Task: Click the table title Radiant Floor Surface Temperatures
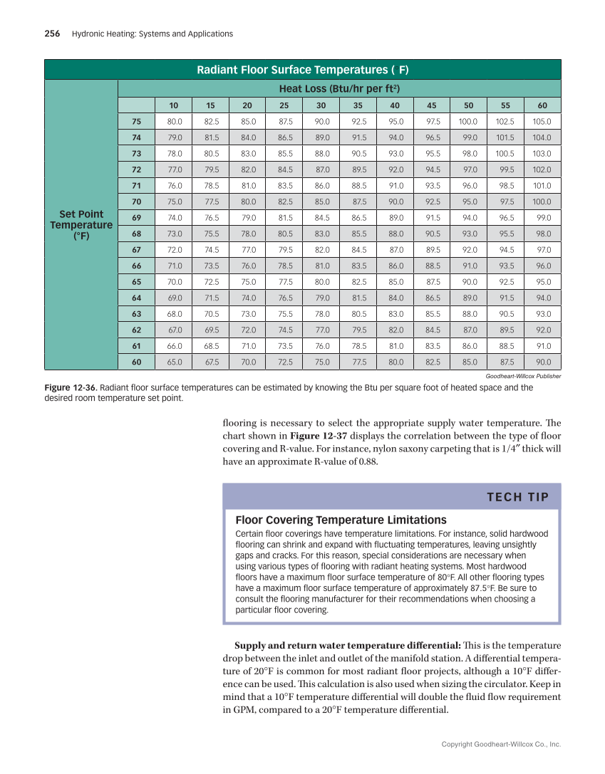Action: click(302, 70)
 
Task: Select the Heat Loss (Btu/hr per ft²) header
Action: click(338, 89)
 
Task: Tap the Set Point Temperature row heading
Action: click(81, 225)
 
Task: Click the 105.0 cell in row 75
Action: click(543, 121)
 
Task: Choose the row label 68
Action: click(136, 234)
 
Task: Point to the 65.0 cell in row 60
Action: click(175, 362)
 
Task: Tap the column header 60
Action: click(543, 105)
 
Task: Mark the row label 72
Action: click(136, 169)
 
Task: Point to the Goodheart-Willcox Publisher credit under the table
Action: click(523, 376)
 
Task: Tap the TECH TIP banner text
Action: click(518, 497)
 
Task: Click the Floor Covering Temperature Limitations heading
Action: click(341, 520)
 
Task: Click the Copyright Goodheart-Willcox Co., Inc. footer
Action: click(501, 745)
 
